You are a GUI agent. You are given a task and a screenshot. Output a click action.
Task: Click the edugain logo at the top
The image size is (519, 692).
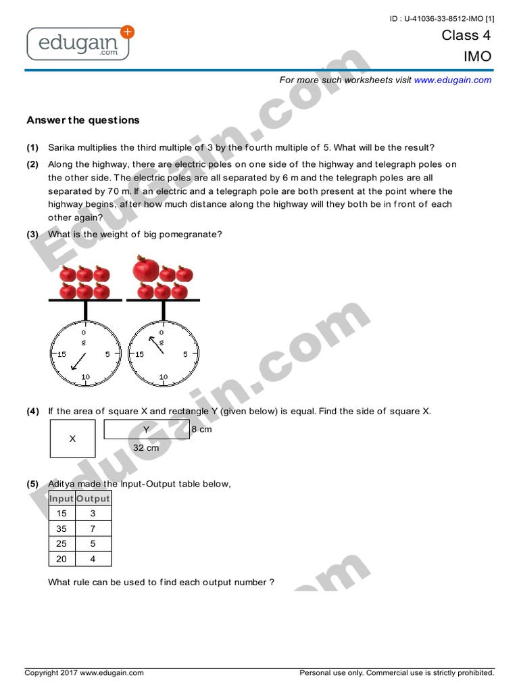tap(78, 44)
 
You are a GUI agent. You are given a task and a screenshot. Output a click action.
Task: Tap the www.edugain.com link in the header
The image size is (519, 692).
tap(453, 80)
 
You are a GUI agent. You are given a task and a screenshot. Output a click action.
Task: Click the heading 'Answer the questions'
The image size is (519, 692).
tap(83, 120)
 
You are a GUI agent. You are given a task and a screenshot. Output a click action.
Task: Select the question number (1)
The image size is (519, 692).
tap(33, 147)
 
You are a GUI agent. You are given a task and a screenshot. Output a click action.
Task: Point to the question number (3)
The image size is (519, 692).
tap(33, 234)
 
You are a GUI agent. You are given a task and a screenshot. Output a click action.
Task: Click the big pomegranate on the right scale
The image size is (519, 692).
tap(145, 269)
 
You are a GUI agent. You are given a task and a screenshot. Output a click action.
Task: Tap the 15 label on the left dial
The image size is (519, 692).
tap(61, 354)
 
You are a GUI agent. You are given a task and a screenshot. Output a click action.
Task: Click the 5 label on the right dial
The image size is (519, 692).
tap(186, 354)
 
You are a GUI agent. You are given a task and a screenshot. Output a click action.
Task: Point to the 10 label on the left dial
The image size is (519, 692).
tap(85, 377)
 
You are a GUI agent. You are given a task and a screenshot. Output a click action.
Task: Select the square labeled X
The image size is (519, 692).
tap(72, 439)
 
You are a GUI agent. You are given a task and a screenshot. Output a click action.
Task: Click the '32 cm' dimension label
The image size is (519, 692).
tap(146, 447)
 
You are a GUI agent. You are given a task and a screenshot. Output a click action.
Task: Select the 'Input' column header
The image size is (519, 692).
tap(61, 498)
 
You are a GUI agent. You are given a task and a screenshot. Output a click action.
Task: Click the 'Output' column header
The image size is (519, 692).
tap(93, 498)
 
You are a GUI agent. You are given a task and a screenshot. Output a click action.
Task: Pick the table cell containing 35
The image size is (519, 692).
tap(61, 528)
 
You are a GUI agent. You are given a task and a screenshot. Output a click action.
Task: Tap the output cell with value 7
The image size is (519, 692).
tap(93, 528)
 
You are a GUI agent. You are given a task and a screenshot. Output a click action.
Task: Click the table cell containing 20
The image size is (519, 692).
tap(61, 559)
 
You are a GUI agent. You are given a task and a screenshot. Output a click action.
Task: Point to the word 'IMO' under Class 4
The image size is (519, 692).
tap(477, 57)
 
